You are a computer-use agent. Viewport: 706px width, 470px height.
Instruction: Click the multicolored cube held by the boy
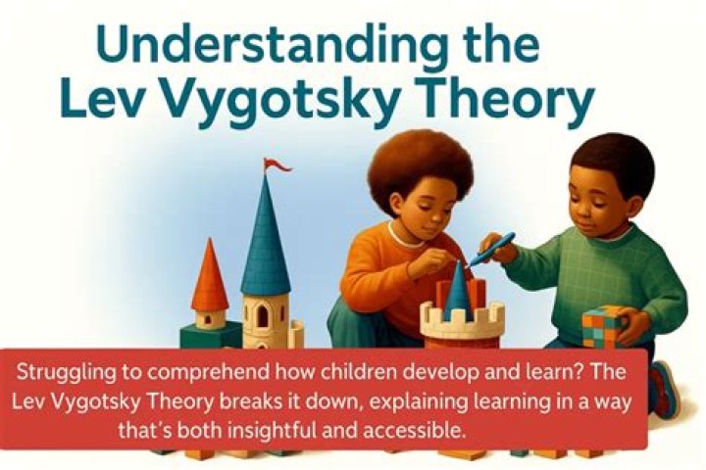(603, 326)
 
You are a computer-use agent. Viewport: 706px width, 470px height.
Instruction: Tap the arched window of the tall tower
(263, 315)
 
